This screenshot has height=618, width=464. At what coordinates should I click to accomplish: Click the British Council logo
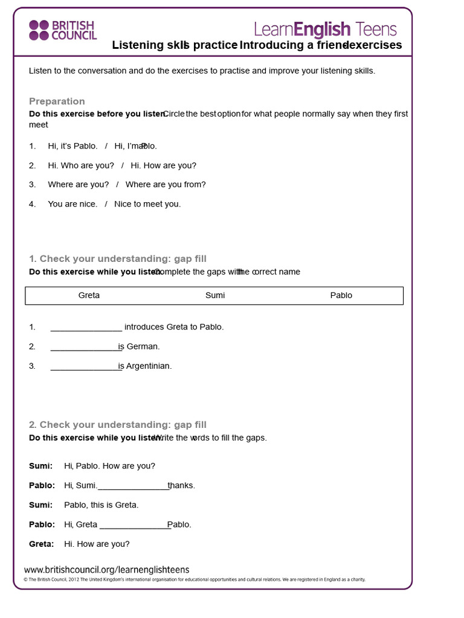pos(63,30)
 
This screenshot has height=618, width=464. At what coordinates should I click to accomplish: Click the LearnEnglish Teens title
pos(325,29)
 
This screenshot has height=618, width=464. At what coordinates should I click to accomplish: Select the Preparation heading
pos(57,101)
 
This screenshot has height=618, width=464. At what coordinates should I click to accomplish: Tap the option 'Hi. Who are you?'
pos(81,165)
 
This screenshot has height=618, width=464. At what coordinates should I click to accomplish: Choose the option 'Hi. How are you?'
pos(163,165)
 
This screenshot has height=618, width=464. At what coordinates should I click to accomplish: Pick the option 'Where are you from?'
pos(166,185)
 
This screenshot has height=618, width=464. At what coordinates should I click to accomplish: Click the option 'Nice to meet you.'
pos(147,204)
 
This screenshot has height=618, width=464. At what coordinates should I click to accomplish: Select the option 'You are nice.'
pos(72,204)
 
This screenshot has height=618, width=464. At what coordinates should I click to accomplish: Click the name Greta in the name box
pos(89,296)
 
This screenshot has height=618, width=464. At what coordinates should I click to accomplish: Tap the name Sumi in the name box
pos(215,296)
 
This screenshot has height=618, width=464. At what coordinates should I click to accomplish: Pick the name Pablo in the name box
pos(341,296)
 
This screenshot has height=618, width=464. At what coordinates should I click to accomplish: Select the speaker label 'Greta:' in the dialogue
pos(41,544)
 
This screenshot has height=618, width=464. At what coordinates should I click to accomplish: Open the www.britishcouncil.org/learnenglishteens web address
pos(106,570)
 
